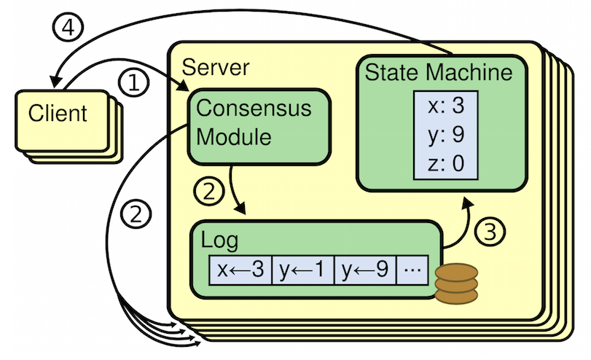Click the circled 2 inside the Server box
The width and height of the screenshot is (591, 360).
[x=207, y=192]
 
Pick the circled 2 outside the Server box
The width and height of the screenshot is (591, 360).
[x=139, y=214]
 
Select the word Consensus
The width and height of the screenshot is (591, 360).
[x=254, y=109]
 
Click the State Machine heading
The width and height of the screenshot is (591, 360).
[x=438, y=73]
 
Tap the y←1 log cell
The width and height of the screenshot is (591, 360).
[x=303, y=270]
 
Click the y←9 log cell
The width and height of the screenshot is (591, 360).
[x=365, y=270]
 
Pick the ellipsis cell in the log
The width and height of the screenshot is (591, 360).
[x=412, y=270]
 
